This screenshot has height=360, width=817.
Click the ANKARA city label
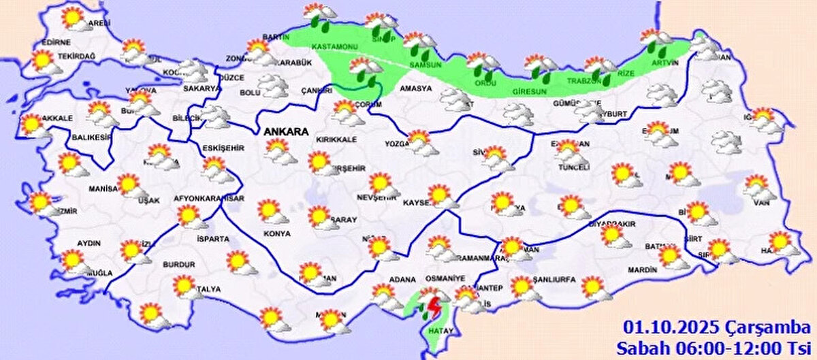coord(285,132)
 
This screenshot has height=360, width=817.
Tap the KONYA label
coord(277,233)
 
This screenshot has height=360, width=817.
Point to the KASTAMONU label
coord(330,46)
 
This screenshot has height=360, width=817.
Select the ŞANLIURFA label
coord(554,280)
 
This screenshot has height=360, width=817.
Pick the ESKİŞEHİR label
coord(223,148)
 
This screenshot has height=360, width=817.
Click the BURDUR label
coord(179,264)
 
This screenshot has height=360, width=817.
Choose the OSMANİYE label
coord(445,278)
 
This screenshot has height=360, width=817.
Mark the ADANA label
coord(398,279)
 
